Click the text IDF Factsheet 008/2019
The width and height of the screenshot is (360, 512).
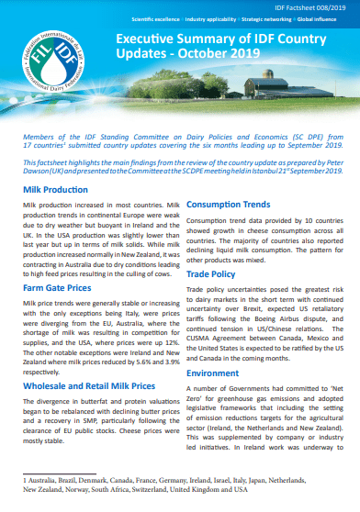click(308, 6)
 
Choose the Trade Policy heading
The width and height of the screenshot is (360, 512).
click(213, 274)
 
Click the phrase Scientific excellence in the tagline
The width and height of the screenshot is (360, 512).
click(159, 17)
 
